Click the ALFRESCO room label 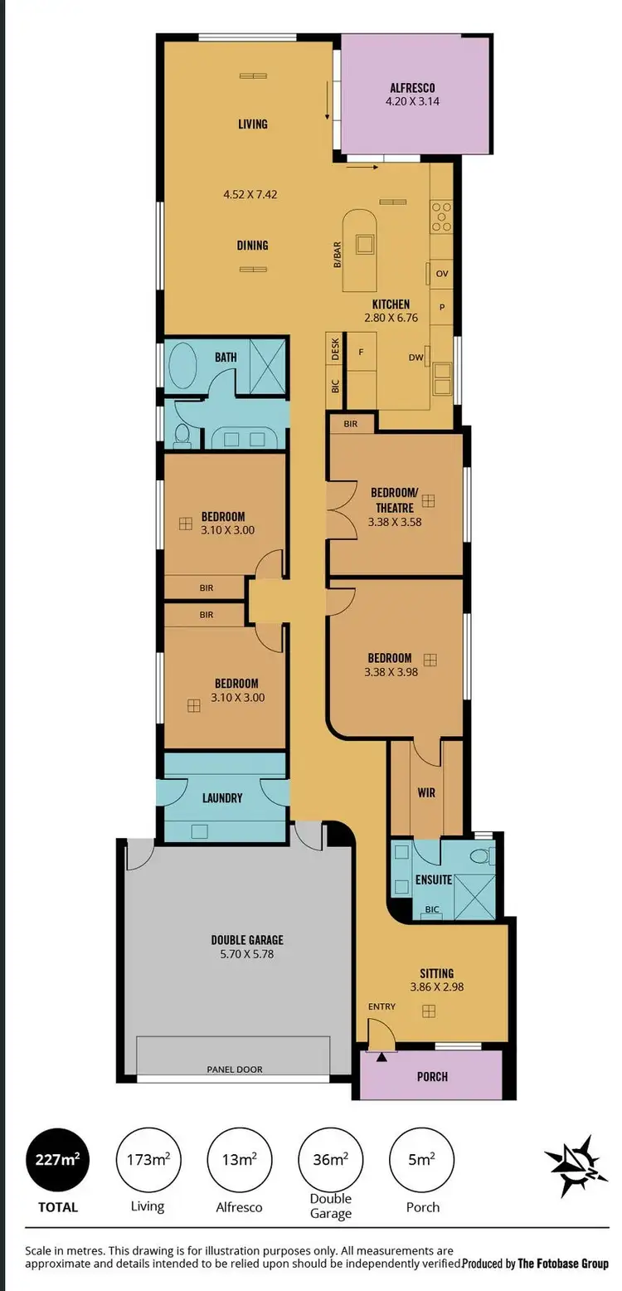412,88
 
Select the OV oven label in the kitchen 441,274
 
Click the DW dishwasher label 415,358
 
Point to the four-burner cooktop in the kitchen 440,216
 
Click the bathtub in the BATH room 182,367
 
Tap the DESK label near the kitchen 335,348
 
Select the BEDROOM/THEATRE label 392,500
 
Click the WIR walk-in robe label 425,793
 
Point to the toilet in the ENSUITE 479,855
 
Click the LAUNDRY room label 222,798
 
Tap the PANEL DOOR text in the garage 234,1069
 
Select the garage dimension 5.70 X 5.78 247,955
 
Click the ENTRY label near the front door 381,1006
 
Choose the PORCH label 431,1076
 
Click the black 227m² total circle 57,1160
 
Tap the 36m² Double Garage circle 330,1160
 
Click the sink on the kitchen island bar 364,244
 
